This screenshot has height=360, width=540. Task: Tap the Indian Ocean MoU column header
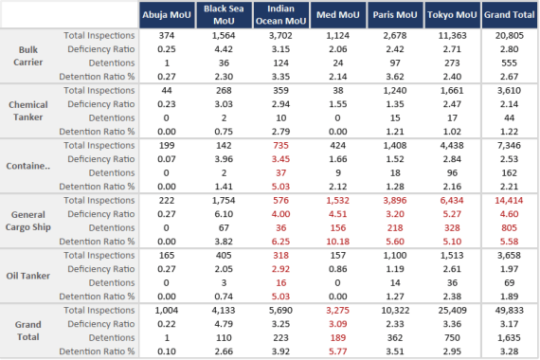click(280, 16)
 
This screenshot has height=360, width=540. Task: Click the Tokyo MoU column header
click(452, 16)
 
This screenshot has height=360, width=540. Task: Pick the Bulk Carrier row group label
click(28, 55)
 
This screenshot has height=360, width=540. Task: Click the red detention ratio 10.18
click(337, 242)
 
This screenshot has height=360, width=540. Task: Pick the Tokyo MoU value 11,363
click(452, 34)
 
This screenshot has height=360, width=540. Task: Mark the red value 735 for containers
click(280, 147)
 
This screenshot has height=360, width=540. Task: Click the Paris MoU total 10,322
click(395, 310)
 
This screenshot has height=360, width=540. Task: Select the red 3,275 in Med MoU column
click(337, 310)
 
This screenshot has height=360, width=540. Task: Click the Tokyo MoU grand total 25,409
click(452, 310)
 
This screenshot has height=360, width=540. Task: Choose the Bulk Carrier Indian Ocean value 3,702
click(280, 34)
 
